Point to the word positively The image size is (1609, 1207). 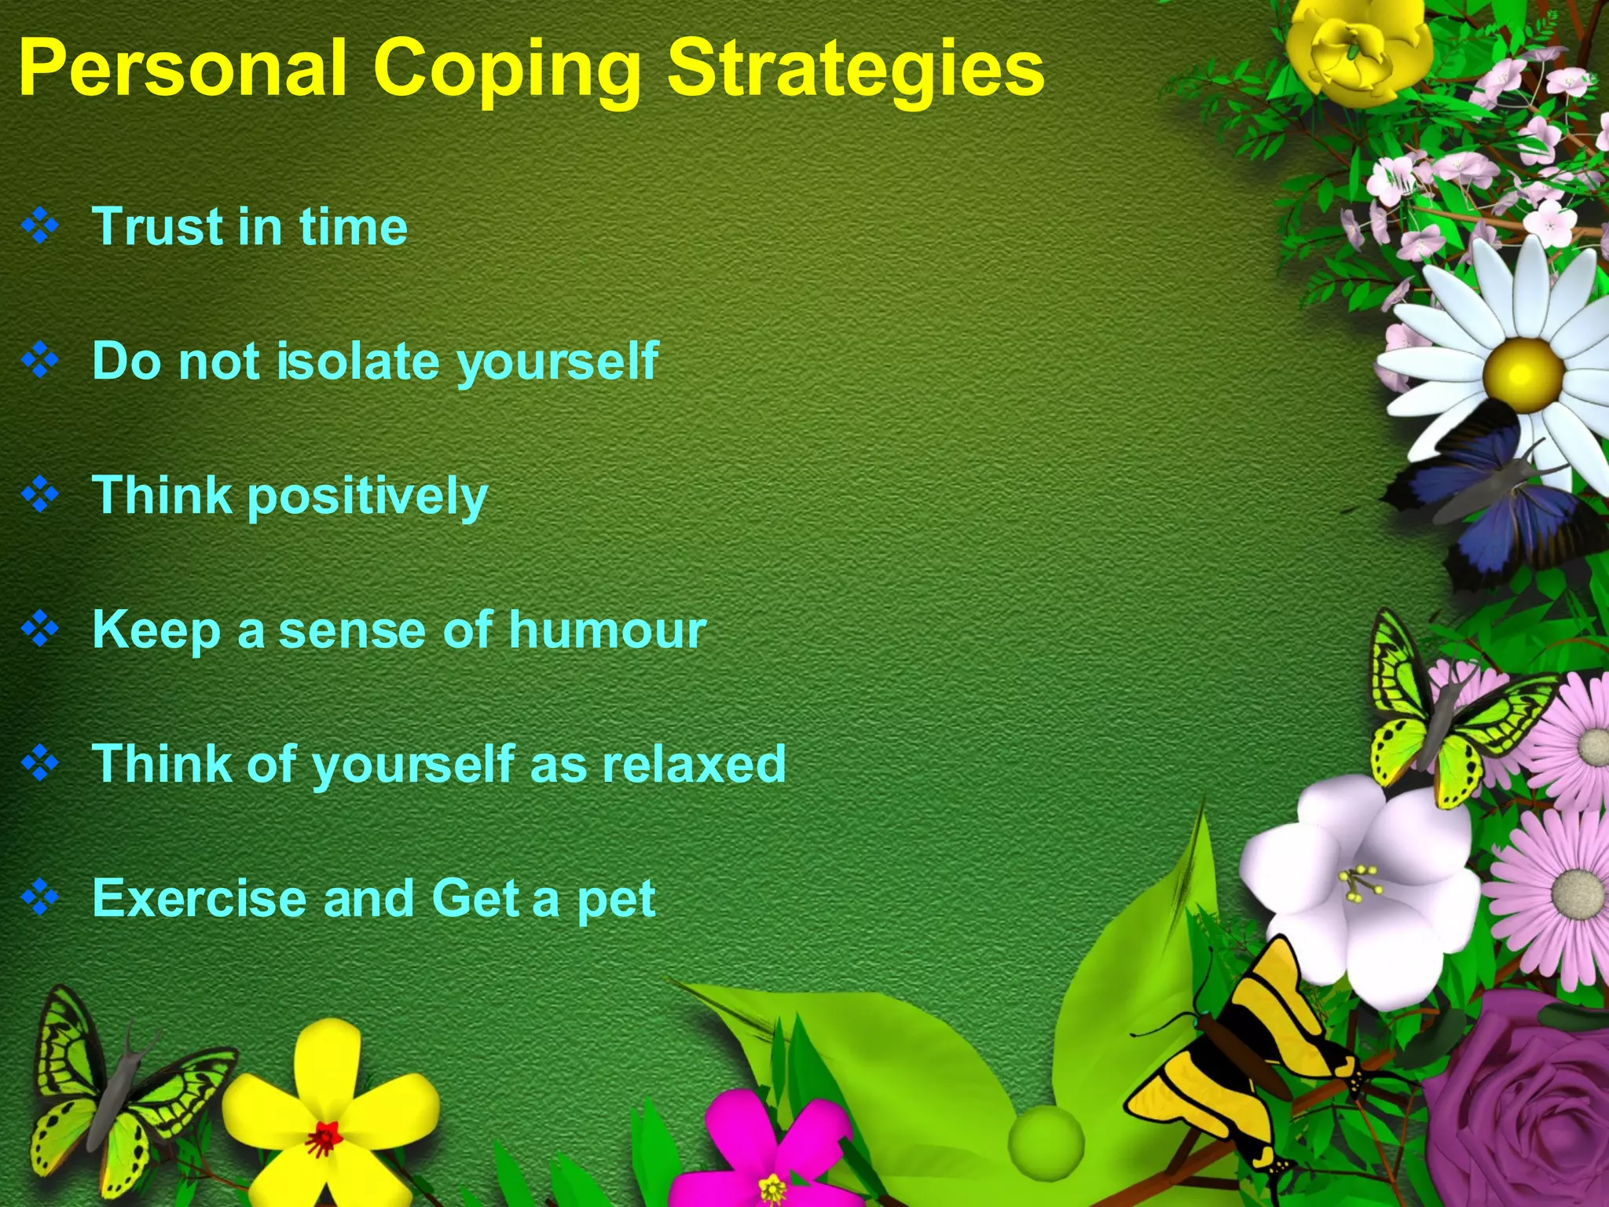pyautogui.click(x=368, y=497)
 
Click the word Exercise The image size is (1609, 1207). pyautogui.click(x=199, y=898)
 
